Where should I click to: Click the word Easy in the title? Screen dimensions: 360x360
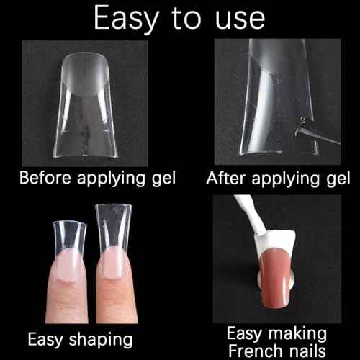click(127, 19)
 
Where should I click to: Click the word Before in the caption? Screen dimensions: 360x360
click(45, 178)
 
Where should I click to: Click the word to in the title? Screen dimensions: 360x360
click(186, 19)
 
